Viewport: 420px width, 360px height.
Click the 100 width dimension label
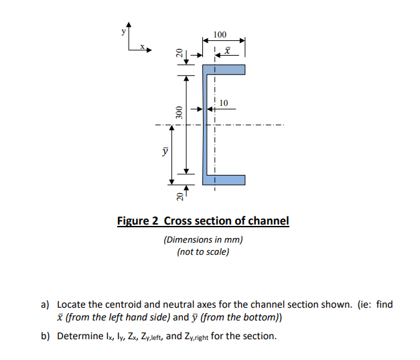220,34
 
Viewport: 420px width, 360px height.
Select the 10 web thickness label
224,103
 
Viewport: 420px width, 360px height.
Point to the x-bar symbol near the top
227,51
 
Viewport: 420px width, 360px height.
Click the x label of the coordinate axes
142,46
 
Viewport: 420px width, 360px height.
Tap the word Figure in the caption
135,221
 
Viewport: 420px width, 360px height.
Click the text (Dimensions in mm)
203,239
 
